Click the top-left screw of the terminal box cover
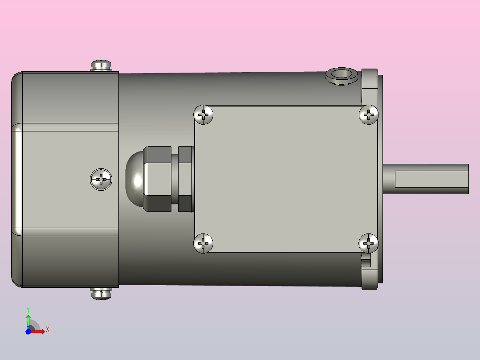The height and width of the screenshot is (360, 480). tap(203, 115)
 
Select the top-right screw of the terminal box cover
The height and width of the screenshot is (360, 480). tap(369, 115)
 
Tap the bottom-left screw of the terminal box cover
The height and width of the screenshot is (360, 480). tap(203, 244)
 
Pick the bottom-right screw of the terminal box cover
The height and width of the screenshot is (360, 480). tap(369, 244)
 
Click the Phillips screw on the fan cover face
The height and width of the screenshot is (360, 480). tap(101, 179)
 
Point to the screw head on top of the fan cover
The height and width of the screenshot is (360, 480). tap(101, 65)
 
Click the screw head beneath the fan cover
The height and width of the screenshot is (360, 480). tap(101, 294)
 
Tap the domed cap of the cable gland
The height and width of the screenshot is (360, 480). tap(134, 179)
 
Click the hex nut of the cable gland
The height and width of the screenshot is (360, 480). tap(157, 179)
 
